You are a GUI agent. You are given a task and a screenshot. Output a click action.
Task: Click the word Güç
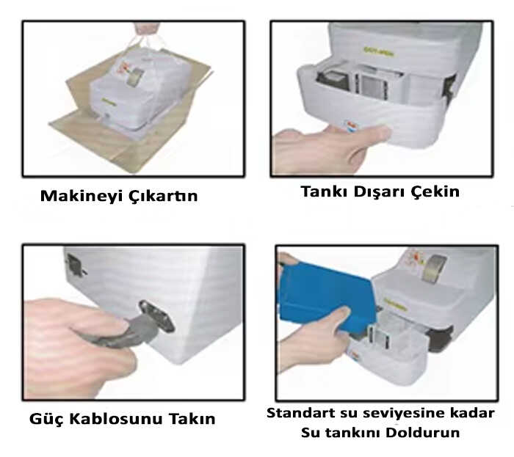click(x=46, y=419)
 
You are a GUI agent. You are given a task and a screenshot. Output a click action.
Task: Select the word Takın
click(x=192, y=419)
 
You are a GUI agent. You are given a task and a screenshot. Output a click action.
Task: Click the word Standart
click(x=300, y=413)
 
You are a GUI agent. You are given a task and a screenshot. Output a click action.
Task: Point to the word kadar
click(x=473, y=413)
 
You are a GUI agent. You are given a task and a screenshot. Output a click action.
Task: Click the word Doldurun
click(x=422, y=433)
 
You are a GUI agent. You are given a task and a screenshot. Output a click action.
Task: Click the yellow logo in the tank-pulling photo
click(x=379, y=51)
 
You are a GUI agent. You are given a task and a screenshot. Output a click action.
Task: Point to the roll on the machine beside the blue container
click(x=434, y=268)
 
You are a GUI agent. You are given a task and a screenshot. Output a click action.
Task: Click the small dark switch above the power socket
click(x=74, y=265)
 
